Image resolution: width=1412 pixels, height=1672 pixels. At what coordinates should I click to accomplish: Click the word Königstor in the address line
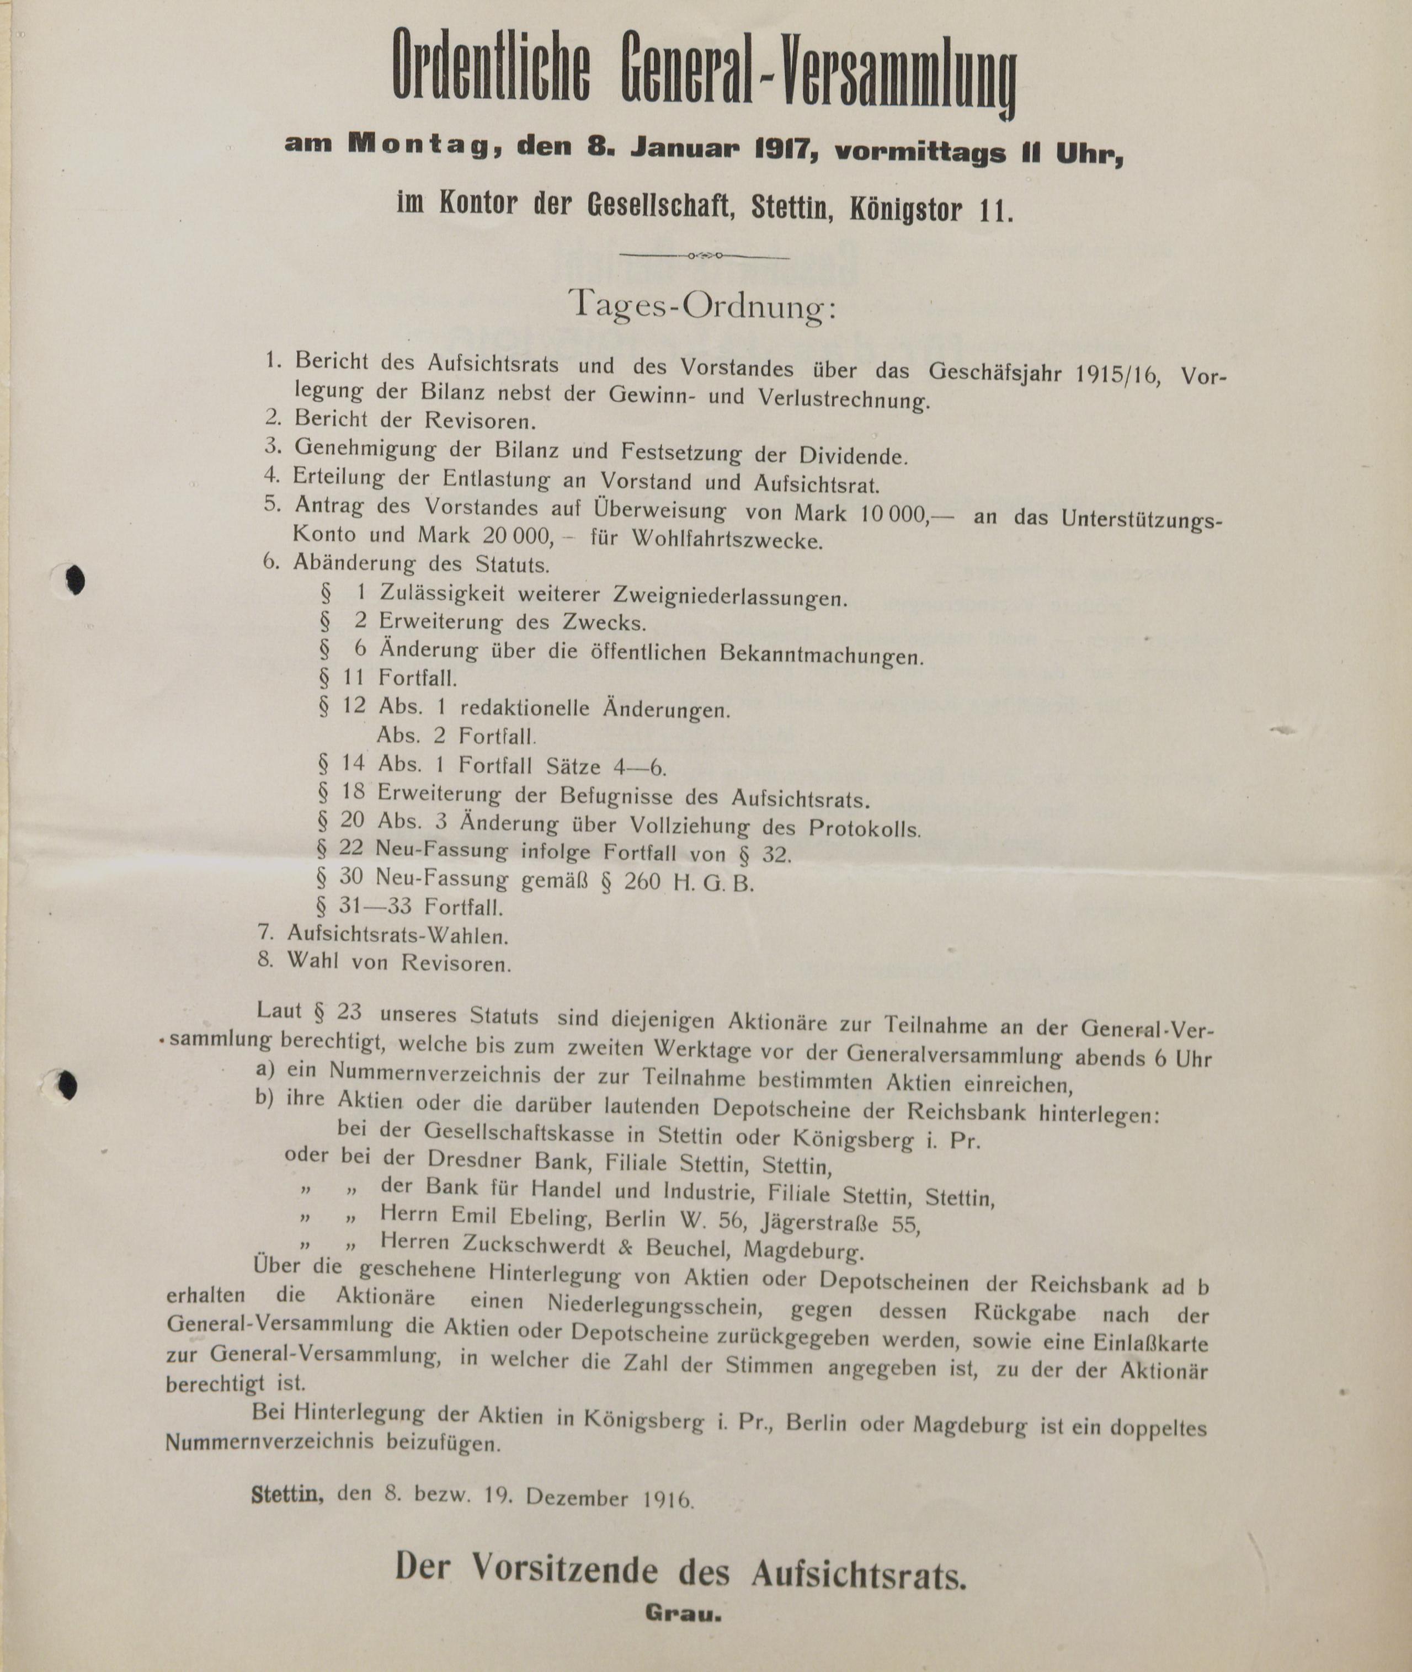(x=907, y=210)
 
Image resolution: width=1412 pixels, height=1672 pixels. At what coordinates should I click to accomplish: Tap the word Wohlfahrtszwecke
(x=727, y=540)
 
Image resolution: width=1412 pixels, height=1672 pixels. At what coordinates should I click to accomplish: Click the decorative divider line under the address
(x=705, y=255)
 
